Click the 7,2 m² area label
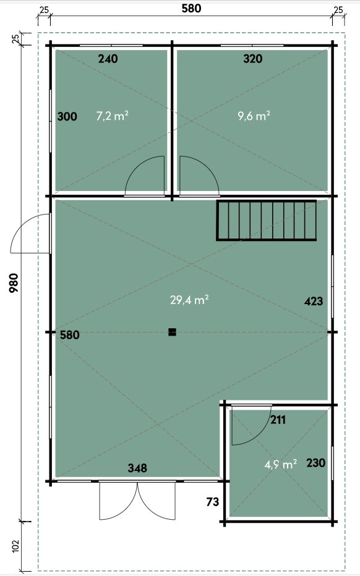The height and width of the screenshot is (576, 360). click(112, 116)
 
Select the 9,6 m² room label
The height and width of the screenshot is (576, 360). click(254, 116)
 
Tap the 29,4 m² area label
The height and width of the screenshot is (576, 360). click(189, 300)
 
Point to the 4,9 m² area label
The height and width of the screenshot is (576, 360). click(281, 464)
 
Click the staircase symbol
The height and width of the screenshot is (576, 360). click(266, 221)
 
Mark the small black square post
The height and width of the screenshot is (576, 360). click(172, 332)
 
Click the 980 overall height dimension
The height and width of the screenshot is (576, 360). click(14, 283)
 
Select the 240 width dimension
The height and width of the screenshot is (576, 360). click(108, 59)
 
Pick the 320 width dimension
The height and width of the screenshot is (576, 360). click(253, 59)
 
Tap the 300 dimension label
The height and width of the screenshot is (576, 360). click(67, 116)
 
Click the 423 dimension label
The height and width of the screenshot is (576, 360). click(314, 301)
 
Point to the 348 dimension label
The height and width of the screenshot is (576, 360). click(137, 468)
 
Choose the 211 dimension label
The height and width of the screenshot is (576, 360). click(278, 420)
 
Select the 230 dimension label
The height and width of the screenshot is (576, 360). click(316, 462)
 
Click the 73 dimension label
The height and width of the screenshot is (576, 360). click(213, 502)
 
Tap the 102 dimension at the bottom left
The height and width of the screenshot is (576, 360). click(15, 546)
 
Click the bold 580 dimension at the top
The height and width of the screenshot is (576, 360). click(191, 9)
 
